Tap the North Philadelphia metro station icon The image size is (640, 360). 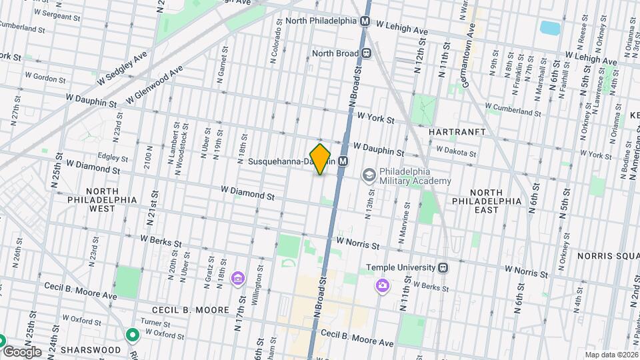[x=365, y=21]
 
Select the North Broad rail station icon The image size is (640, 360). [x=366, y=53]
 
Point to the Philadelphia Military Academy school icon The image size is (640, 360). [x=368, y=175]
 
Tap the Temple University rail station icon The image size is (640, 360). [x=442, y=268]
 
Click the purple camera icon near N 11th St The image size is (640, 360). [x=382, y=286]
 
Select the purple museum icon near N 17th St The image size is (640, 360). [x=237, y=278]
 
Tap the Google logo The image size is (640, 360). [x=21, y=351]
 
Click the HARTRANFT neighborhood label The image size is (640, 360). [x=457, y=132]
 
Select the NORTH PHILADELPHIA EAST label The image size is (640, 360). [x=486, y=205]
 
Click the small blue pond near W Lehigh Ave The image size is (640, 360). [x=550, y=27]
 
